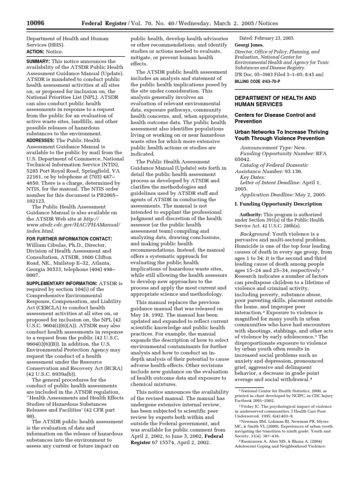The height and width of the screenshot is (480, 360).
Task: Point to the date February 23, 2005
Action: [x=266, y=37]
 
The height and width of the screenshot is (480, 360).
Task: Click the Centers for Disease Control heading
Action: [x=274, y=118]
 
